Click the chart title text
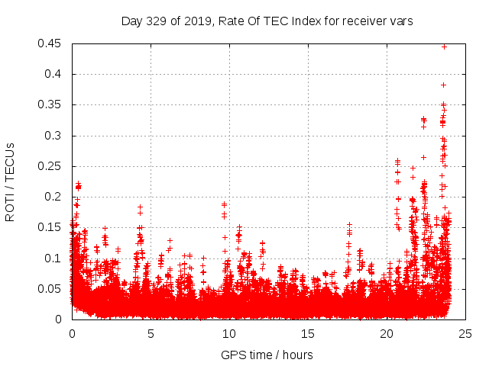[267, 21]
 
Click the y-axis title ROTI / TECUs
[10, 181]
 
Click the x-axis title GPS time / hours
[267, 355]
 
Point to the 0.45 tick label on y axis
[51, 43]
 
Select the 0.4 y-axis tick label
[54, 74]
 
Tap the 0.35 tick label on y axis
[51, 104]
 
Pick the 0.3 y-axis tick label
[54, 136]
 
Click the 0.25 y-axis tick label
[51, 166]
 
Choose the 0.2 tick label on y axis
[54, 197]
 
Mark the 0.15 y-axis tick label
[51, 227]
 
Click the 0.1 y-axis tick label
[54, 258]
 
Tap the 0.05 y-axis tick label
[51, 288]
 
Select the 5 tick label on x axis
[151, 333]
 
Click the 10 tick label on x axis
[229, 333]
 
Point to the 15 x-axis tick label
[308, 333]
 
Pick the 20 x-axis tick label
[387, 333]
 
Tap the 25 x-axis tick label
[465, 333]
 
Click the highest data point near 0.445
[444, 47]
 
